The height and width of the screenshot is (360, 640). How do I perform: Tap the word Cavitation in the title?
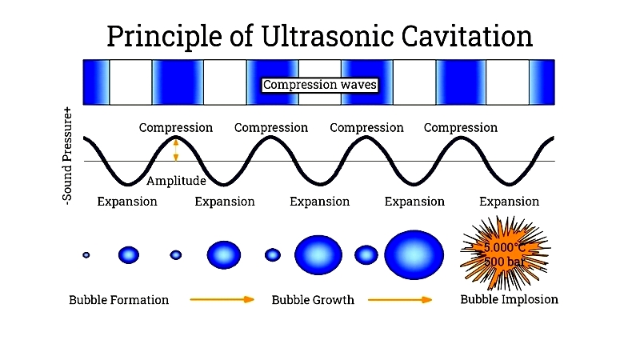[467, 36]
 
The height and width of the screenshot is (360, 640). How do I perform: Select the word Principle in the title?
[164, 37]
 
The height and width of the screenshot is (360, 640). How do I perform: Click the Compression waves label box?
[319, 85]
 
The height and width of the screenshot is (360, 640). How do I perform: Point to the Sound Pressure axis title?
[67, 155]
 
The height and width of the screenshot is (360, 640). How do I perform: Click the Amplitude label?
[176, 181]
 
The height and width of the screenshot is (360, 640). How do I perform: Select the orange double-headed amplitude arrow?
[176, 150]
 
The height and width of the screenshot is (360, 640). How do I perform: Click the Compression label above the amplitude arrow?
[176, 128]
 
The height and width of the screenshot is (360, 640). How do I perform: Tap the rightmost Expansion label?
[509, 202]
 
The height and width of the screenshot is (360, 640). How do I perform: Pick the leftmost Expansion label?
[127, 202]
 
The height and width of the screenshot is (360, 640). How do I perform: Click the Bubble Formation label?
[118, 300]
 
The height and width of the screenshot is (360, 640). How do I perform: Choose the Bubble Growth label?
[313, 300]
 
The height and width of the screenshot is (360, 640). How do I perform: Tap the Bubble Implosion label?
[509, 299]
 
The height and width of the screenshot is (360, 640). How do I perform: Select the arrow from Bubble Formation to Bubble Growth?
[222, 299]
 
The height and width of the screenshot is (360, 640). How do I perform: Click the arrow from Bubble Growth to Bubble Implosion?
[400, 299]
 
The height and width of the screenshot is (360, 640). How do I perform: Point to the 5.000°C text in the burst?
[505, 248]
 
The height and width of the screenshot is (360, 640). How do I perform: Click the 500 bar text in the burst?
[505, 262]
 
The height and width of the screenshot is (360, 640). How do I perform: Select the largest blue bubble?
[414, 254]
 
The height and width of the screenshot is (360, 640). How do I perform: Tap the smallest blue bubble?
[86, 255]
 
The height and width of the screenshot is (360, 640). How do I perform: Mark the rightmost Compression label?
[461, 128]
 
